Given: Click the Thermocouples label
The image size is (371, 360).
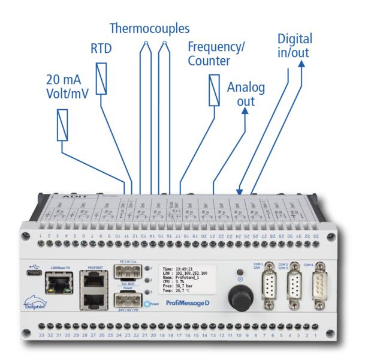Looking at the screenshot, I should point(148,28).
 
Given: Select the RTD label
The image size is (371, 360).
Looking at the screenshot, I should point(101,49).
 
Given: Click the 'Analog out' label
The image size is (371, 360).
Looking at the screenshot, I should point(246,94).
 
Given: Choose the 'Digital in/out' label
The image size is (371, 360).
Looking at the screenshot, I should point(294,47).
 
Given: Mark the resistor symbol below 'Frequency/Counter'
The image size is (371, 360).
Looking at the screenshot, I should point(214,89).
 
